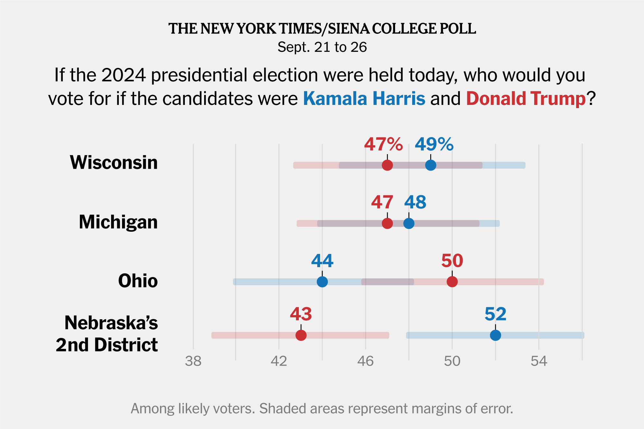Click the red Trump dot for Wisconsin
point(387,165)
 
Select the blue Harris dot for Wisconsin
point(431,165)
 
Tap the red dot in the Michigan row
point(387,223)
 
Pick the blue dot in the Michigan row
point(409,223)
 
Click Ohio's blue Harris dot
point(322,282)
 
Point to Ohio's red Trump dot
point(452,282)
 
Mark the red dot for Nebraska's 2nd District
point(301,335)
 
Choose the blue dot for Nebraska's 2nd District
point(495,335)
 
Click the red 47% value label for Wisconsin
point(383,144)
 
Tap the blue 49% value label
point(434,144)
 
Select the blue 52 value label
point(495,314)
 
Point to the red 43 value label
point(301,314)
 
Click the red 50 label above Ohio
point(452,261)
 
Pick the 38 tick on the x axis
point(193,361)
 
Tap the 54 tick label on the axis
point(539,361)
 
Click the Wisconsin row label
point(114,162)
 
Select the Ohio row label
point(138,281)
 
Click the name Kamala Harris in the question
point(364,98)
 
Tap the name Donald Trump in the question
point(526,98)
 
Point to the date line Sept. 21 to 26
point(322,47)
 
